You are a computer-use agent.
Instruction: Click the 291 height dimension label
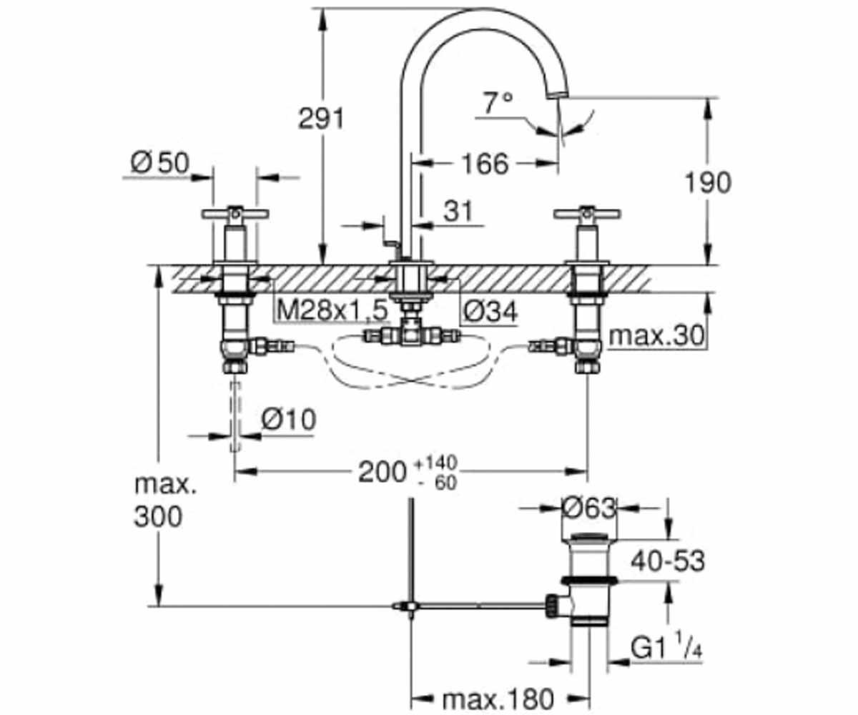(321, 119)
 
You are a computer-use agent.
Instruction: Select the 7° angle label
(498, 102)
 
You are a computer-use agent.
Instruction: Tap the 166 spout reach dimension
(485, 164)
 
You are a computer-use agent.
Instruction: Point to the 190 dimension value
(708, 182)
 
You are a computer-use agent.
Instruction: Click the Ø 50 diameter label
(160, 162)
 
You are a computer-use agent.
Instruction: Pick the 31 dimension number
(458, 211)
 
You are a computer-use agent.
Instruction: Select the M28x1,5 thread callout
(332, 310)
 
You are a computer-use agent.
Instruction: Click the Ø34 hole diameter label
(490, 311)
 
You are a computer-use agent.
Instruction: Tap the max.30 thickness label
(656, 336)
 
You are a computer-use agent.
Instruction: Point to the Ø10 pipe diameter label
(288, 420)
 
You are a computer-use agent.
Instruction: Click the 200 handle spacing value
(382, 472)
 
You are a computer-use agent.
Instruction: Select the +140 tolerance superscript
(435, 463)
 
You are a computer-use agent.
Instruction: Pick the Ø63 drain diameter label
(589, 508)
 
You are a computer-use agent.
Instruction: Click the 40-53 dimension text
(668, 561)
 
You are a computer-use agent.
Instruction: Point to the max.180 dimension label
(498, 698)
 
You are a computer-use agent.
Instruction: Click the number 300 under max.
(158, 516)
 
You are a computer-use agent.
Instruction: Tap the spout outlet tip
(558, 95)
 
